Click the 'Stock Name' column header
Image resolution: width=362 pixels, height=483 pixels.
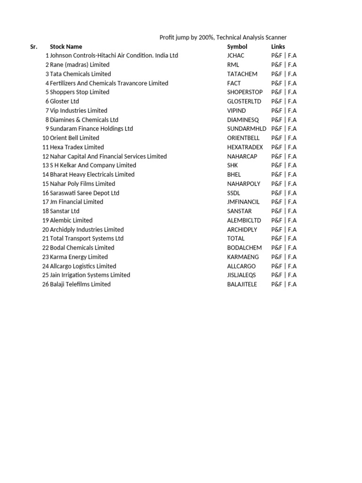click(x=66, y=47)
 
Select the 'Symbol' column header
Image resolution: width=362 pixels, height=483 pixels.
click(x=237, y=47)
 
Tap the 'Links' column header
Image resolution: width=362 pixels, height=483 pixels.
click(x=278, y=47)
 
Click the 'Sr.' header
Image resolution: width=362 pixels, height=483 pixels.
click(x=33, y=47)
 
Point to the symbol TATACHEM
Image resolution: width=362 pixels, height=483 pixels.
click(x=242, y=74)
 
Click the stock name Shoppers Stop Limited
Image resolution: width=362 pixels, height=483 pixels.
click(x=79, y=92)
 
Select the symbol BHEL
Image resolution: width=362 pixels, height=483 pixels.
click(x=234, y=175)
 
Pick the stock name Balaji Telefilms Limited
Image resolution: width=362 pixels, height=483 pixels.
click(x=80, y=284)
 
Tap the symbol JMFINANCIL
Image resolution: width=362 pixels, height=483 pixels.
click(x=243, y=202)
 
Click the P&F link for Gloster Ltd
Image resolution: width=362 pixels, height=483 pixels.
click(x=277, y=101)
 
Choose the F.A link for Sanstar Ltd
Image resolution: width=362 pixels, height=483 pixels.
click(x=292, y=211)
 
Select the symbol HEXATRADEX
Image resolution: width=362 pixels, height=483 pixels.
click(x=245, y=147)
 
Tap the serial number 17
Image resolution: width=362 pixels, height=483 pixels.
click(x=45, y=202)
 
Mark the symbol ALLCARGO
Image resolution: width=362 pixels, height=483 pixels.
click(x=241, y=266)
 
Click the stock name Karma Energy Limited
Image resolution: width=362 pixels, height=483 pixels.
click(x=79, y=257)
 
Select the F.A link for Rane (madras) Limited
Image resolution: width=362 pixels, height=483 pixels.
click(x=292, y=65)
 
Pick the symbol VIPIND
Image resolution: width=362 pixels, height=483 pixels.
click(x=236, y=111)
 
